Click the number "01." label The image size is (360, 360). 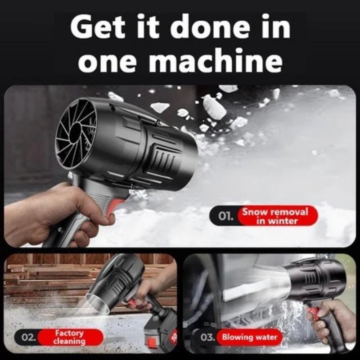[226, 216]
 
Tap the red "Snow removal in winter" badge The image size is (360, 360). [275, 216]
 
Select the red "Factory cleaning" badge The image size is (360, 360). [69, 337]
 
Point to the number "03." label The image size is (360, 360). [208, 337]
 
